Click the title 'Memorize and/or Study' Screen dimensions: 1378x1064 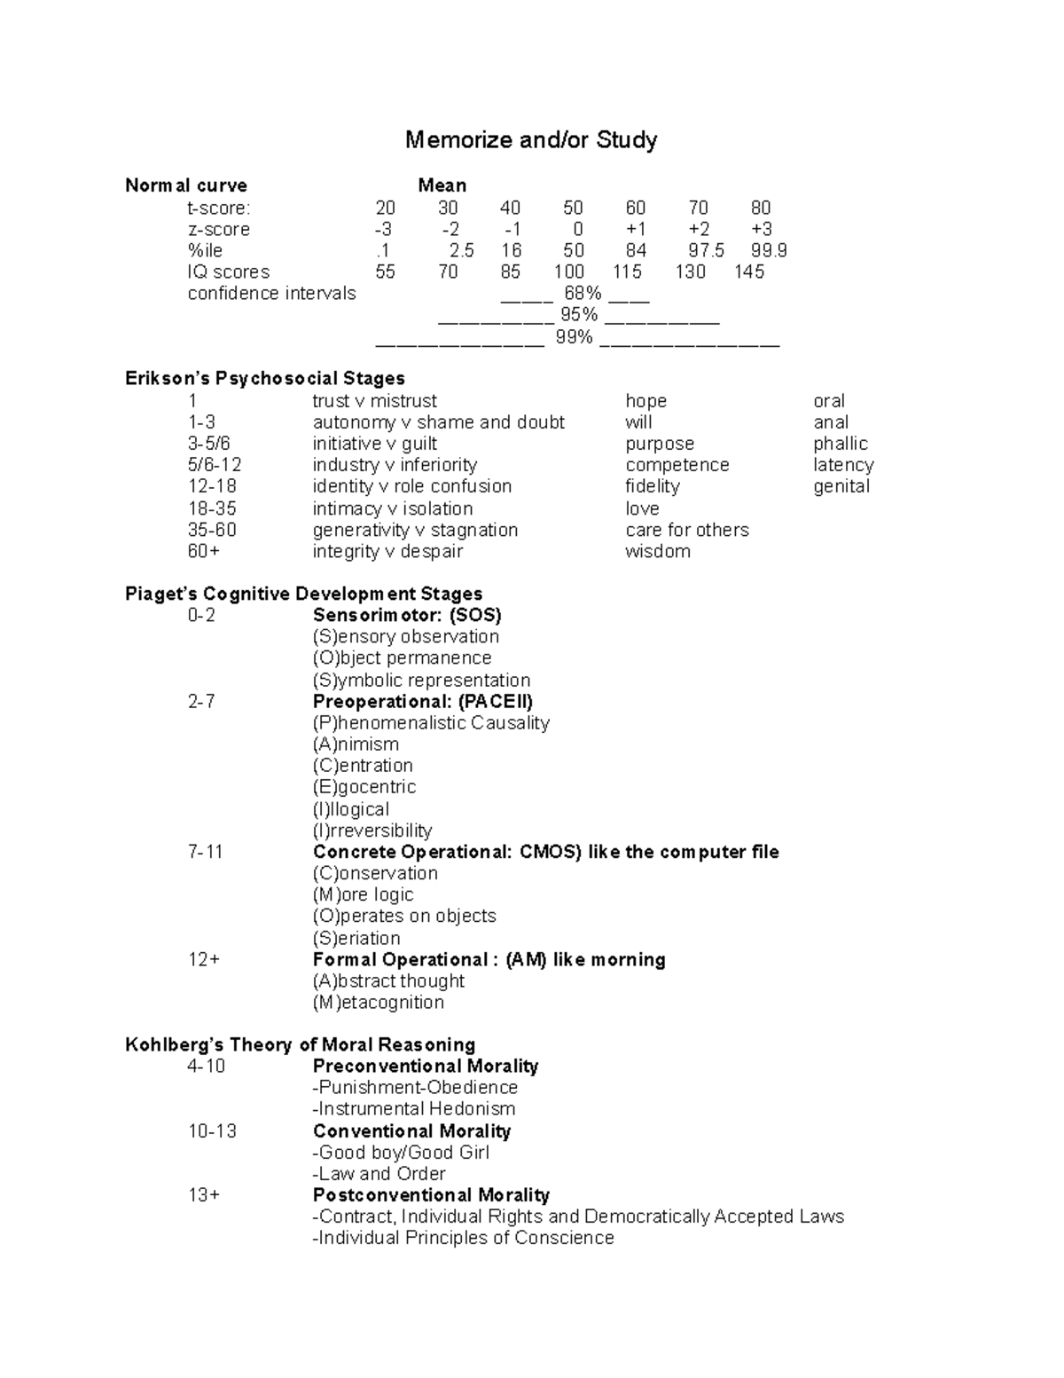point(531,140)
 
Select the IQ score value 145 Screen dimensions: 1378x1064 point(748,272)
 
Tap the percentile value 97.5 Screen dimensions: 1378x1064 point(706,250)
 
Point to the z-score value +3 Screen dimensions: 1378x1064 point(761,229)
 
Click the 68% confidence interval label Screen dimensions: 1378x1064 point(582,294)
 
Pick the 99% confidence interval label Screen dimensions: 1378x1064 point(574,337)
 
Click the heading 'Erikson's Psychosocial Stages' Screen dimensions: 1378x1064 point(265,379)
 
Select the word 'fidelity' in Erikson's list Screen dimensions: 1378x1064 point(652,486)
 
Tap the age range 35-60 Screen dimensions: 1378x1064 point(212,530)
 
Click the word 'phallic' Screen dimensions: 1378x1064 point(840,444)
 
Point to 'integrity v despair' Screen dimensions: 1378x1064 point(387,551)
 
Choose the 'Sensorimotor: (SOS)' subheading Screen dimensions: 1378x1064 point(407,615)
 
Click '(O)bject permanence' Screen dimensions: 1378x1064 point(402,658)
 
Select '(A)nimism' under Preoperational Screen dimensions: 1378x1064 point(356,744)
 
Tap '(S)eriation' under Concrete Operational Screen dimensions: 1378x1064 point(356,938)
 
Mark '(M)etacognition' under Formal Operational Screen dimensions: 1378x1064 point(379,1003)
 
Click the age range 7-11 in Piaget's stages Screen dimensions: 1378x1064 point(205,852)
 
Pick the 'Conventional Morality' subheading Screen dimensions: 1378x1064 point(411,1131)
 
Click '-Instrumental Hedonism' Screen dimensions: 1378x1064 point(413,1109)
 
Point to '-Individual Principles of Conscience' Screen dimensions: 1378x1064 point(463,1238)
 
